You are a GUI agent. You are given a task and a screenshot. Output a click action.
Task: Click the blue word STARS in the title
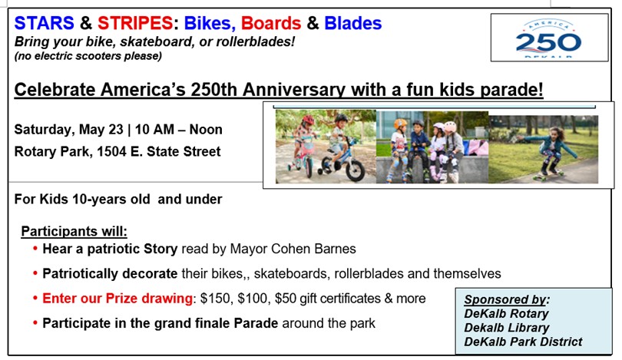point(44,23)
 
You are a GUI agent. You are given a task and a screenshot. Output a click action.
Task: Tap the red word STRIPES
point(135,23)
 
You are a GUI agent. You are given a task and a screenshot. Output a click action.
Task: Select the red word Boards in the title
point(271,23)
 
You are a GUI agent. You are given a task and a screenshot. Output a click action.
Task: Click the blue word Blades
point(353,23)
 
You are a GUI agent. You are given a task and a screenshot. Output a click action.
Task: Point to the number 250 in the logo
point(548,42)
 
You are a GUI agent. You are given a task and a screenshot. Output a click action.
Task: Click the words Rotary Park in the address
point(51,152)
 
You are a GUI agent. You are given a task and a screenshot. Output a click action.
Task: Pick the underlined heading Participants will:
point(74,232)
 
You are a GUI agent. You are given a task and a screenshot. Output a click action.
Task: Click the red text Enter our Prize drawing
point(117,299)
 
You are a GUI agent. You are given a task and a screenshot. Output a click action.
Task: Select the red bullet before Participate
point(35,323)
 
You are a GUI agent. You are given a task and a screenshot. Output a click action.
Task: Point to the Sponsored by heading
point(507,299)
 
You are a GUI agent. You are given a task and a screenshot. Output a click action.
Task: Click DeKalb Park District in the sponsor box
point(523,342)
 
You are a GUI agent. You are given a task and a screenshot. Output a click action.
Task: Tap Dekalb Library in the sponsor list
point(507,328)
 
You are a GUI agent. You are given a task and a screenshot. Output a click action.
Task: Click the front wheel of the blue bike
point(355,170)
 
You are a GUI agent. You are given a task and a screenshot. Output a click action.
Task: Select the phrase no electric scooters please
point(88,56)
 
